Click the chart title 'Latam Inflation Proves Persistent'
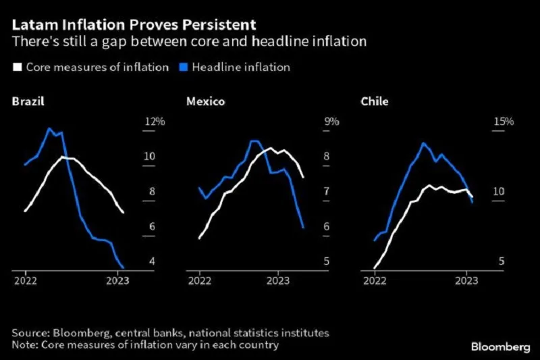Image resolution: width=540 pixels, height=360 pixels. coord(134,25)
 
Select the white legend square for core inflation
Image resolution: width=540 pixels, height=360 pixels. coord(17,67)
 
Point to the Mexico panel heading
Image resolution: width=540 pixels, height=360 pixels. coord(206,102)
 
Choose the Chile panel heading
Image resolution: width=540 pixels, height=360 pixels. coord(375,102)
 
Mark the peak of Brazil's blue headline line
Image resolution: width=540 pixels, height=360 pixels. coord(49,128)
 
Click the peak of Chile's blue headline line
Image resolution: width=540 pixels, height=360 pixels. coord(423,143)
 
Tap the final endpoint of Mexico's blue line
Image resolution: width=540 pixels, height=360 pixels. coord(303,228)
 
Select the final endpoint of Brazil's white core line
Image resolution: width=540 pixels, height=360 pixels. coord(124,213)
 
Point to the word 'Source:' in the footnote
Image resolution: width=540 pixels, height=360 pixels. coord(30,333)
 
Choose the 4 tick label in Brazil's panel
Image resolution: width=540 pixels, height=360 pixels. coord(152,262)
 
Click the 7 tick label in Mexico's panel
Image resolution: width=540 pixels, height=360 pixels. coord(327,192)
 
